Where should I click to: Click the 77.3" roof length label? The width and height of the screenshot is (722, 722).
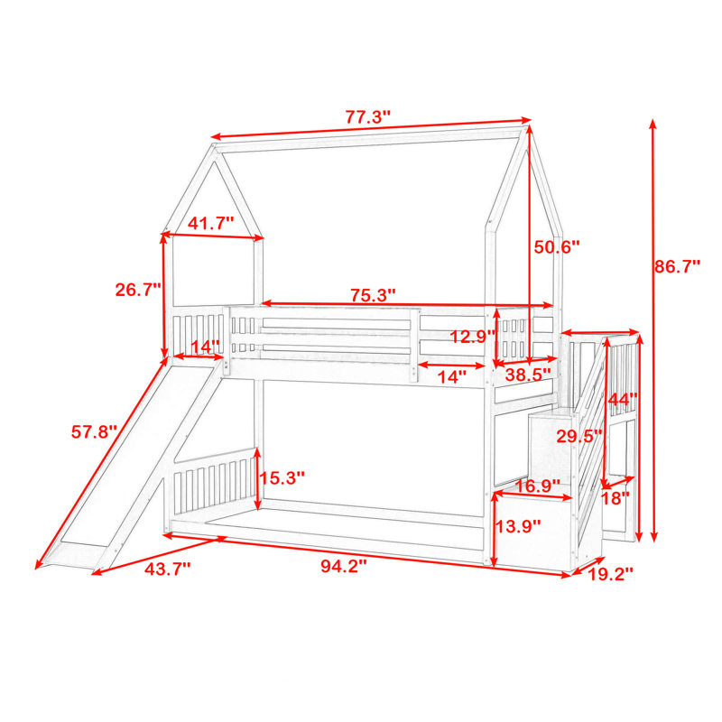pos(367,117)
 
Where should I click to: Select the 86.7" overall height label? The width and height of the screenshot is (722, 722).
pos(677,266)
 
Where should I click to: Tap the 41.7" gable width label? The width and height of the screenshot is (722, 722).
pos(211,223)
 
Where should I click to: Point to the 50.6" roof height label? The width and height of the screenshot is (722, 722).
pos(556,247)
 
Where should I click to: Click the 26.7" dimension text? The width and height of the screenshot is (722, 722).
pos(138,290)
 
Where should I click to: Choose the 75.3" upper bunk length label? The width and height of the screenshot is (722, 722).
pos(373,295)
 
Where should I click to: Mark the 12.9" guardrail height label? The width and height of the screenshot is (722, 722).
pos(473,337)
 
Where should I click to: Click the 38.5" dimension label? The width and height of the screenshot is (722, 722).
pos(528,375)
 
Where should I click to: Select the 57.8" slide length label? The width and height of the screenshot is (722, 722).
pos(95,432)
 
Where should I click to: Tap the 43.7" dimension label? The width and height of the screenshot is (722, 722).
pos(167,569)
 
